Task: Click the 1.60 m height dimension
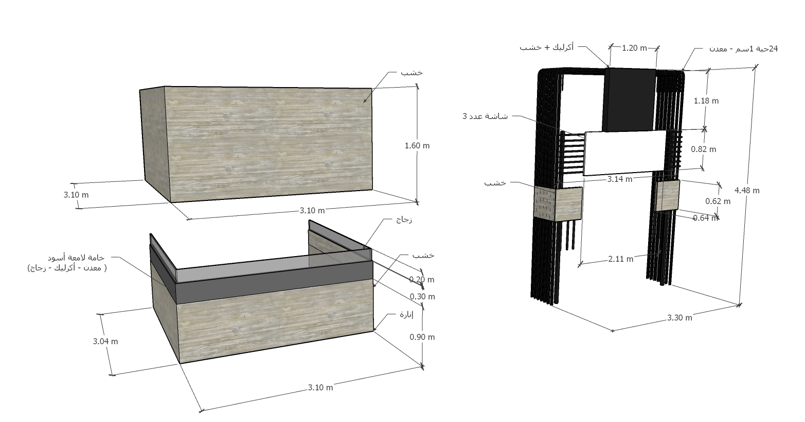pos(417,145)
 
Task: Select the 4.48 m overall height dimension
pos(747,190)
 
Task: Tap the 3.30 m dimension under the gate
pos(679,317)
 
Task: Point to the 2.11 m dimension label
pos(620,259)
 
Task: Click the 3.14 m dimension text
pos(620,179)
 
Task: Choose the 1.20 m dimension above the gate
pos(634,48)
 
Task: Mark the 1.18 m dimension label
pos(706,100)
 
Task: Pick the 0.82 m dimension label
pos(703,149)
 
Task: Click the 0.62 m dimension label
pos(718,201)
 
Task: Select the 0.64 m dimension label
pos(705,217)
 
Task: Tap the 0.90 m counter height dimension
pos(422,336)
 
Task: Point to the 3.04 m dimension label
pos(105,341)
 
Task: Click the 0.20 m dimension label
pos(422,279)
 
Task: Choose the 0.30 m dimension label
pos(422,296)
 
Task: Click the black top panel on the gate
pos(630,99)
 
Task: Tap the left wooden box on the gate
pos(558,204)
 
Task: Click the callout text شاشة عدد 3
pos(485,116)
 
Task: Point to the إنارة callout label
pos(406,314)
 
